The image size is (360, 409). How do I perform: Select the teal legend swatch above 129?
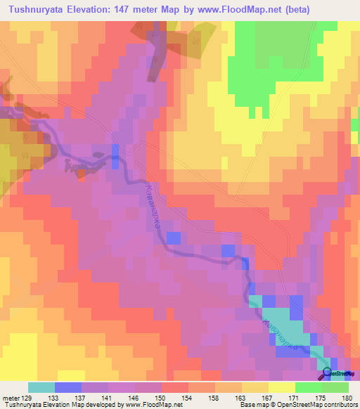(41, 387)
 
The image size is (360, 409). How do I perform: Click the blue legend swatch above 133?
(67, 387)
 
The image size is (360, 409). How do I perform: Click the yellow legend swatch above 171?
(281, 387)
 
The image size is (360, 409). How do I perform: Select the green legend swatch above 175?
(308, 387)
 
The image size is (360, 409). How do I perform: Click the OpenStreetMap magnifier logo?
(326, 373)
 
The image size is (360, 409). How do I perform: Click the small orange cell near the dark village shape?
(82, 173)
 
